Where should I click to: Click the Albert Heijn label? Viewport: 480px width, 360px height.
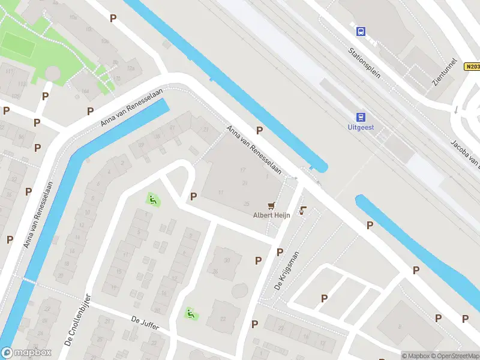(x=272, y=215)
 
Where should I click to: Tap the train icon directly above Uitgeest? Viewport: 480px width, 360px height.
(x=361, y=116)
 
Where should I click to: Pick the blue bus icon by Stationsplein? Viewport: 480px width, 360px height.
(x=361, y=31)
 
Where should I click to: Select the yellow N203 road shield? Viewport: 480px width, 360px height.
(x=472, y=67)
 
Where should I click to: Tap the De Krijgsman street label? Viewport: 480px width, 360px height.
(x=286, y=271)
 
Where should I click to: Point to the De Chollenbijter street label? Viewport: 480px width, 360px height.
(x=77, y=320)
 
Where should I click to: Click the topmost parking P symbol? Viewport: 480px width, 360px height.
(x=113, y=18)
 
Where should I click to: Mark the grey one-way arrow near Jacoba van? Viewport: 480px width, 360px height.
(x=455, y=110)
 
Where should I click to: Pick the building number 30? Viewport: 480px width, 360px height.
(x=227, y=260)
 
